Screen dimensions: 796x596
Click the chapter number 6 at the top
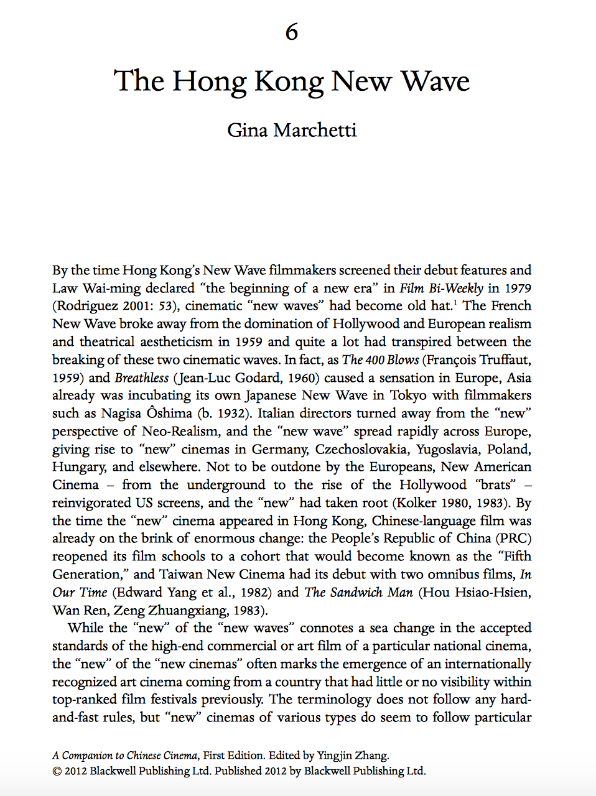click(292, 32)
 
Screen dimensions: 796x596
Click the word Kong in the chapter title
click(289, 81)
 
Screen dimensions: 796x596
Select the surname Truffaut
click(505, 359)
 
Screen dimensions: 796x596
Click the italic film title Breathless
click(142, 377)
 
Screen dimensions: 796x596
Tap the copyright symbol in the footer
click(57, 771)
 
